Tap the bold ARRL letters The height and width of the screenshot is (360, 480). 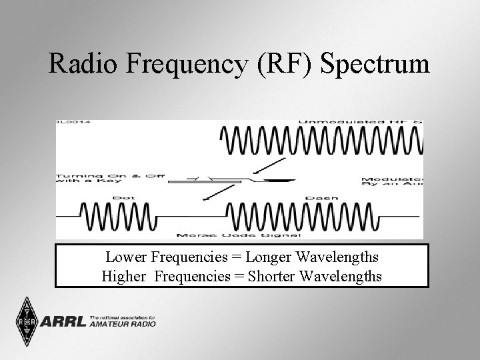click(64, 322)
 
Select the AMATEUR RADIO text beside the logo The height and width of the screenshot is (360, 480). click(123, 325)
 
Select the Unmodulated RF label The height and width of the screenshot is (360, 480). click(360, 123)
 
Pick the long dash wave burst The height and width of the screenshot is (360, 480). click(303, 215)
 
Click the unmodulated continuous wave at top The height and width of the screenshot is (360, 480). click(321, 141)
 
